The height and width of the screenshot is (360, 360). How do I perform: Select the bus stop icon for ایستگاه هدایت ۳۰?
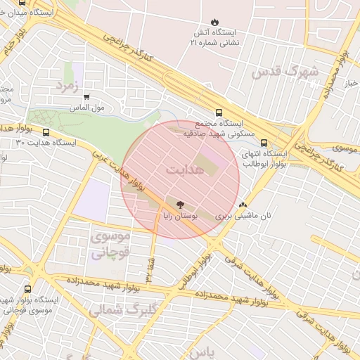pyautogui.click(x=46, y=131)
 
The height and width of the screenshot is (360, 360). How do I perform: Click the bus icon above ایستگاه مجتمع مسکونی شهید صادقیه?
pyautogui.click(x=219, y=112)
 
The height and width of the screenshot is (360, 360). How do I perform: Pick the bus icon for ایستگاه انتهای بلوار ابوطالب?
pyautogui.click(x=264, y=143)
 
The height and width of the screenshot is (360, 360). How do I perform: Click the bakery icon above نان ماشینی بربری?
pyautogui.click(x=243, y=205)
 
